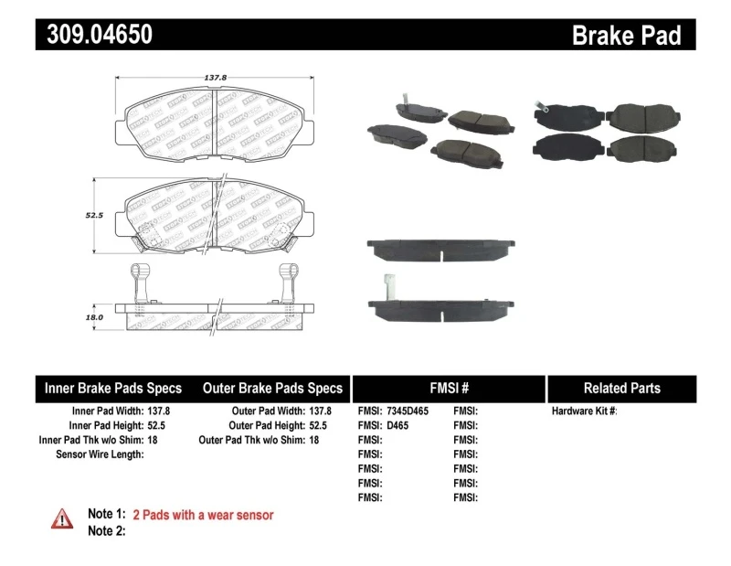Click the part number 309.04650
coord(94,35)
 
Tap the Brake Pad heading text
coord(626,36)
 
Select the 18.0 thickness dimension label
coord(93,316)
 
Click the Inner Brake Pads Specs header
coord(113,388)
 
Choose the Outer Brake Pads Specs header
coord(272,388)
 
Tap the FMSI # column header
coord(448,388)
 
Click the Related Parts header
coord(621,388)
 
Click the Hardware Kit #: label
coord(584,411)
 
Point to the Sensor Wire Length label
coord(100,454)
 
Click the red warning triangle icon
coord(62,518)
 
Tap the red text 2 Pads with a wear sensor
coord(203,515)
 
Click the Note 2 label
coord(106,530)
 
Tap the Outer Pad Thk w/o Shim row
coord(259,440)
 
